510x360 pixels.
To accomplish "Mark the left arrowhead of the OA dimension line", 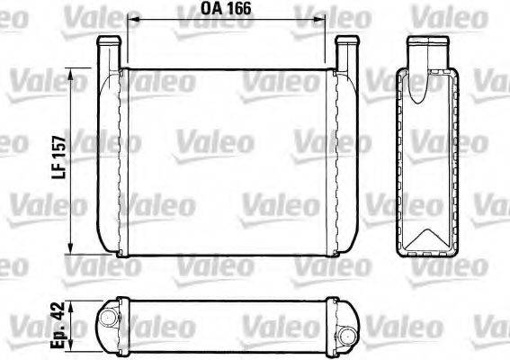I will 133,19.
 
